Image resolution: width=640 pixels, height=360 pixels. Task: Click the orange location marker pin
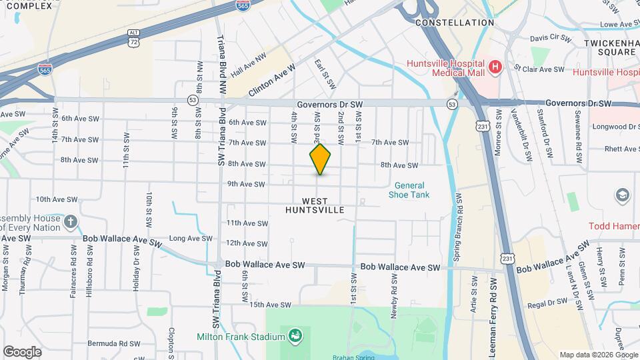(321, 159)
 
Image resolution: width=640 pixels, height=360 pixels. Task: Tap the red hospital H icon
(495, 67)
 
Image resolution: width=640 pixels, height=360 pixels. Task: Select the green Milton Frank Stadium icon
(294, 336)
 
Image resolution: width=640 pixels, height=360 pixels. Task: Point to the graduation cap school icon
(623, 195)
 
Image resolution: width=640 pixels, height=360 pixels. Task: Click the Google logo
(22, 352)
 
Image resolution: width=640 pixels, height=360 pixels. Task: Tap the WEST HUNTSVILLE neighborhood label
(315, 205)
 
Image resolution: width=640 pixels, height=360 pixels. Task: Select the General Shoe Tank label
(409, 190)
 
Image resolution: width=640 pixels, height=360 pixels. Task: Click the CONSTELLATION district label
(454, 23)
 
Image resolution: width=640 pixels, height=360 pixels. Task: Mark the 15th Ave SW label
(271, 305)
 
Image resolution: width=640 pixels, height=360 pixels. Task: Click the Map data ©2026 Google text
(599, 355)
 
